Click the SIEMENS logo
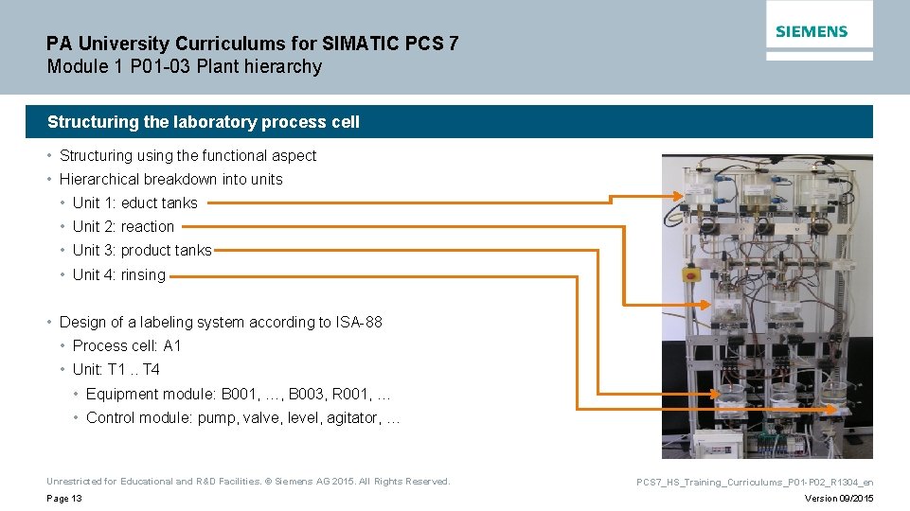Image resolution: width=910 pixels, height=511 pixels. click(x=812, y=31)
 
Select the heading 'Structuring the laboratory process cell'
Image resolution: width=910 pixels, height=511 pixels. click(x=204, y=122)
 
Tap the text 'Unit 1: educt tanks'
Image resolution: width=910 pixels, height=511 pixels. click(x=134, y=203)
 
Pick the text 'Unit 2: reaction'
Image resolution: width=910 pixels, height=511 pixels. click(x=123, y=226)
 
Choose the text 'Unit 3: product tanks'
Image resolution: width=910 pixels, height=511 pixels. click(x=142, y=250)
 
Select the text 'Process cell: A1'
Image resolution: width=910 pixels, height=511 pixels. click(x=127, y=345)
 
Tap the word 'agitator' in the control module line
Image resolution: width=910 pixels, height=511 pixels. click(x=351, y=417)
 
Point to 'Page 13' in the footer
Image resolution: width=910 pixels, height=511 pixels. click(x=64, y=499)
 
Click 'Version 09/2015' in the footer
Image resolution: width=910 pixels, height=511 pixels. click(x=839, y=499)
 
